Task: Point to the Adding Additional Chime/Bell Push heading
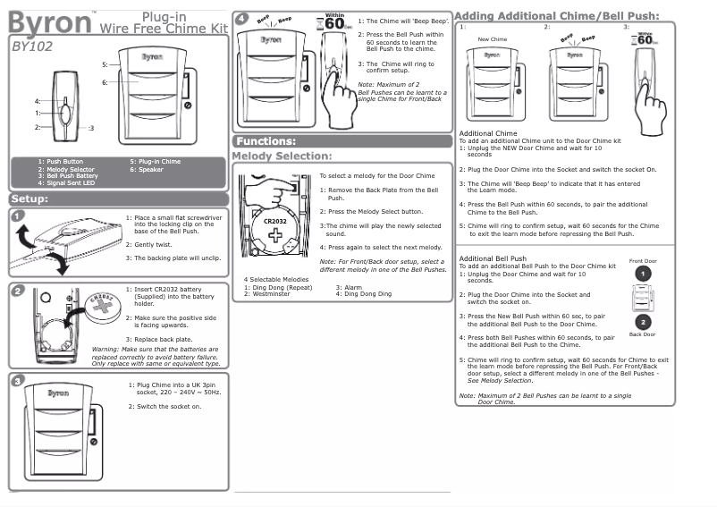pyautogui.click(x=557, y=15)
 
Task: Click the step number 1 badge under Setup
pyautogui.click(x=18, y=215)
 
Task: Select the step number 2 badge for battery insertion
pyautogui.click(x=18, y=291)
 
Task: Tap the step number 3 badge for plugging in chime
pyautogui.click(x=18, y=381)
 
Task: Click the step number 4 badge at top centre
pyautogui.click(x=240, y=20)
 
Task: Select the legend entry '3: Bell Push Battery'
pyautogui.click(x=68, y=175)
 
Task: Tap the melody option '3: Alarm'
pyautogui.click(x=350, y=287)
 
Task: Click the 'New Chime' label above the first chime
pyautogui.click(x=493, y=40)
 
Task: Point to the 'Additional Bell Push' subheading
pyautogui.click(x=493, y=258)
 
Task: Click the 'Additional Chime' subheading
pyautogui.click(x=487, y=133)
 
